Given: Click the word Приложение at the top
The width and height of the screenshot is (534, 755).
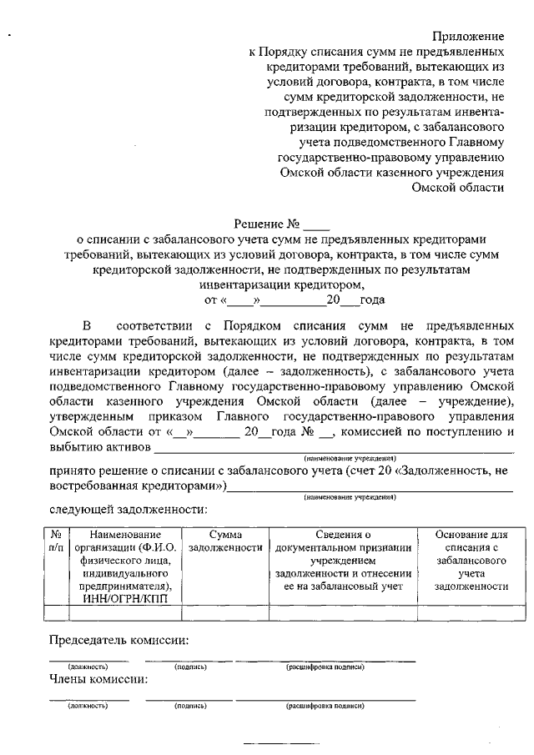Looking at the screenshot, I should tap(468, 36).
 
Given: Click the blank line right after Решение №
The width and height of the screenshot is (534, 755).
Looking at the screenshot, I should tap(317, 225).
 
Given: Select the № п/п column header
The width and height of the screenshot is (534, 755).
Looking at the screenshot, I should tap(55, 541).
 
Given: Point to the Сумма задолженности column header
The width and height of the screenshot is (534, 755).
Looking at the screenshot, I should tap(225, 541).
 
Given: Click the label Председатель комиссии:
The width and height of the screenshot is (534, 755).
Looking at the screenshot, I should tap(118, 641).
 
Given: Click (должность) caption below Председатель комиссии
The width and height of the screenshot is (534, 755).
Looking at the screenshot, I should tap(88, 667).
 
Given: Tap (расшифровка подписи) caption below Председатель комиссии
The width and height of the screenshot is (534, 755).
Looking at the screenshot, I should tap(325, 667).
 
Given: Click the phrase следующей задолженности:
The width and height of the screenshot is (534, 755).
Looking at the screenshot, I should tap(128, 509).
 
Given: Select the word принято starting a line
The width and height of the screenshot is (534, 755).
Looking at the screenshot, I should tap(72, 472).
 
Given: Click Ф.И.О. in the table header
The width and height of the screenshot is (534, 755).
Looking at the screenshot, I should tap(157, 548).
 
